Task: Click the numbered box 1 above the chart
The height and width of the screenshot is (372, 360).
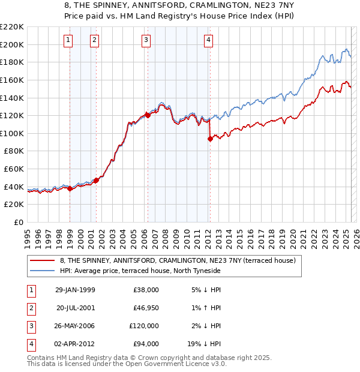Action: [68, 40]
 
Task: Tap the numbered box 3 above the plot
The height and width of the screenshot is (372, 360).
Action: [146, 40]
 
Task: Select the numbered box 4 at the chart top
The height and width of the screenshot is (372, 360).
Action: [208, 40]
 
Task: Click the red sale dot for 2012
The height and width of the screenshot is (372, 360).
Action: [210, 139]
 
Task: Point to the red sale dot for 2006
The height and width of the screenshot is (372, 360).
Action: [148, 115]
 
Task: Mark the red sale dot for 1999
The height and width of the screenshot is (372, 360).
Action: [70, 188]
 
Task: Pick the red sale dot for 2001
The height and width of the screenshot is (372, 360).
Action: [96, 179]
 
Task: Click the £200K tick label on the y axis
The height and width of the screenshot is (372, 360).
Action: [12, 44]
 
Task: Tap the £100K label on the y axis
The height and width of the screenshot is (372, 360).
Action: [12, 133]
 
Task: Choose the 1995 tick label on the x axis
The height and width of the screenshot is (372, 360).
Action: [28, 235]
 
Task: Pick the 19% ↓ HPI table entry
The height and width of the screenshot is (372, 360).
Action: [205, 344]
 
